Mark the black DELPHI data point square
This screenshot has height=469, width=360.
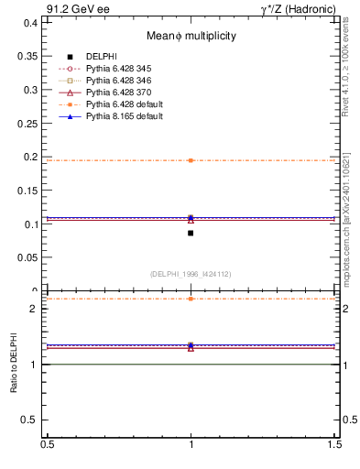[191, 233]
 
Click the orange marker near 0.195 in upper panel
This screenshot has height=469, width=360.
[191, 160]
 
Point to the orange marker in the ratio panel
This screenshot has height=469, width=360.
[191, 299]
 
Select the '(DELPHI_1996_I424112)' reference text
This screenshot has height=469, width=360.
[191, 274]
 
